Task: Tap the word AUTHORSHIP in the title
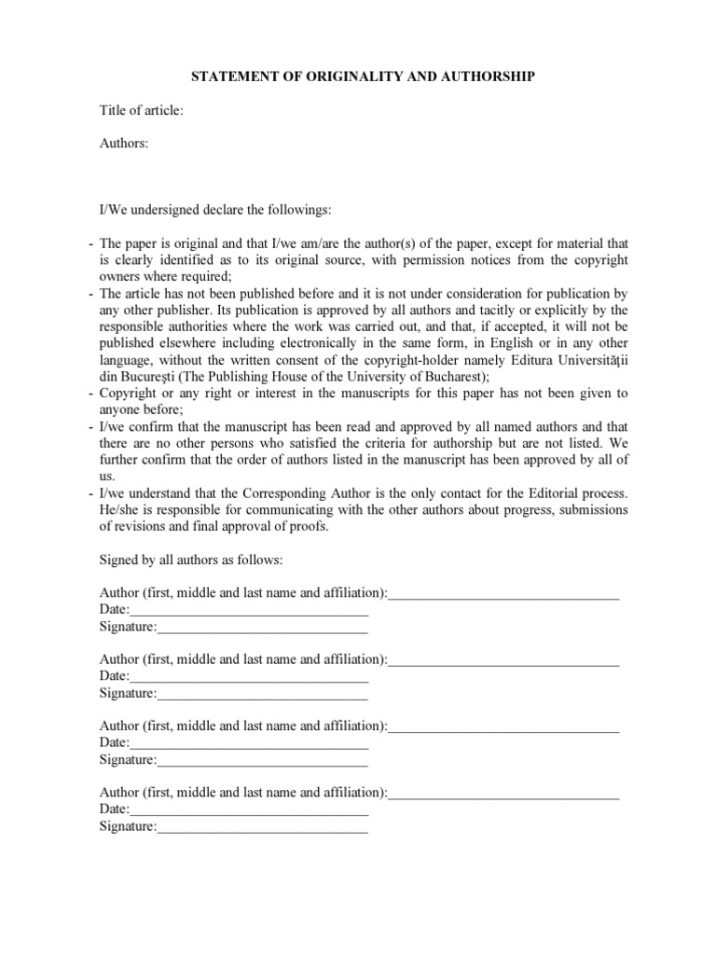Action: [x=492, y=76]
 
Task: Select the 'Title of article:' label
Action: [x=142, y=111]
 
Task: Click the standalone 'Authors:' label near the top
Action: [x=124, y=144]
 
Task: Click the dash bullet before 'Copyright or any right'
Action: [x=91, y=393]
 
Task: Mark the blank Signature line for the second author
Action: [x=263, y=693]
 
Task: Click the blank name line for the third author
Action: [x=503, y=726]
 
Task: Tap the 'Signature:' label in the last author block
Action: [x=128, y=826]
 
